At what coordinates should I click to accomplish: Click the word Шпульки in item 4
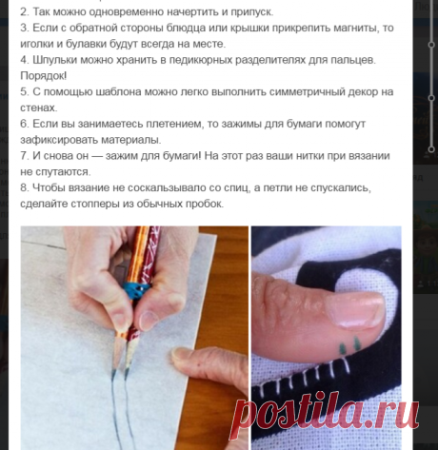(60, 60)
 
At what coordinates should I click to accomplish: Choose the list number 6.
(25, 124)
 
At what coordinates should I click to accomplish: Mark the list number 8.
(25, 187)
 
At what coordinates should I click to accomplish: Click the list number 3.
(25, 28)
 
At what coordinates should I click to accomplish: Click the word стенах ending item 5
(41, 108)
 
